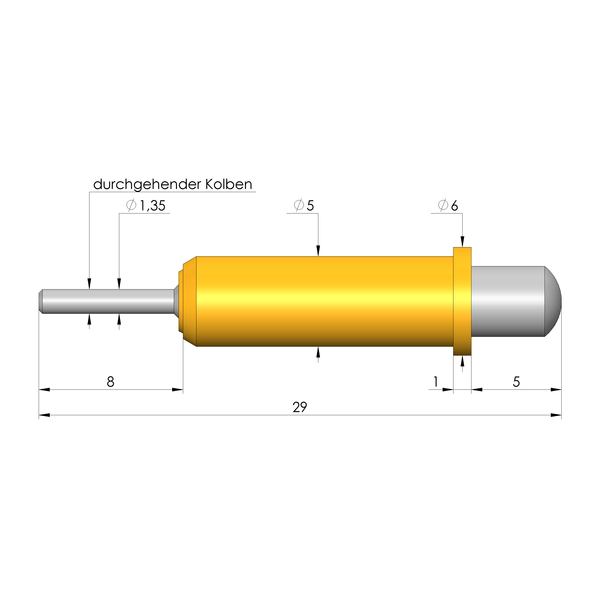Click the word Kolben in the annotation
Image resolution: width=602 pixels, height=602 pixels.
tap(229, 184)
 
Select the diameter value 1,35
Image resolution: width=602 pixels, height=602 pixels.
tap(152, 206)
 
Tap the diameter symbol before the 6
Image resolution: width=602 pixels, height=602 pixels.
tap(443, 205)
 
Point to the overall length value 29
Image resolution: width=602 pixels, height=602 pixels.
tap(300, 407)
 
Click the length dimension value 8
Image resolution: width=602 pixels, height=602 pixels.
tap(111, 382)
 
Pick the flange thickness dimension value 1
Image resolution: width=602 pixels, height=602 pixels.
tap(436, 381)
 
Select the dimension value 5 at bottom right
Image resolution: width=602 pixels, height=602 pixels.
tap(516, 382)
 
